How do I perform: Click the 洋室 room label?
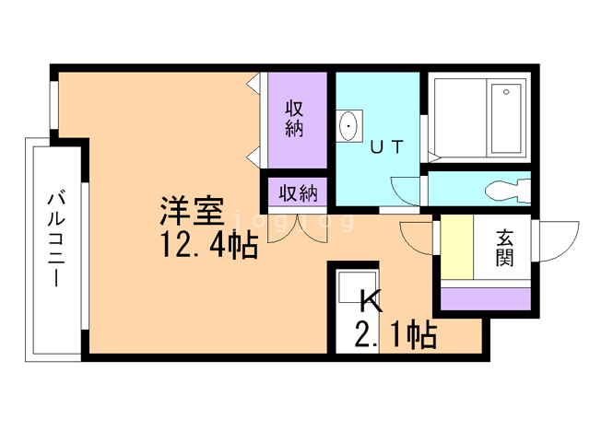pyautogui.click(x=192, y=212)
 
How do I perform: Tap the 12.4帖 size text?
pyautogui.click(x=206, y=246)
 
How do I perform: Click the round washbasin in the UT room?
pyautogui.click(x=349, y=127)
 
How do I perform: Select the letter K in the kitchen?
pyautogui.click(x=370, y=301)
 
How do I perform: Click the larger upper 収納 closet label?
pyautogui.click(x=294, y=118)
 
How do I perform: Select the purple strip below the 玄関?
pyautogui.click(x=486, y=297)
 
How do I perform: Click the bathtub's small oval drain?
pyautogui.click(x=506, y=92)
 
